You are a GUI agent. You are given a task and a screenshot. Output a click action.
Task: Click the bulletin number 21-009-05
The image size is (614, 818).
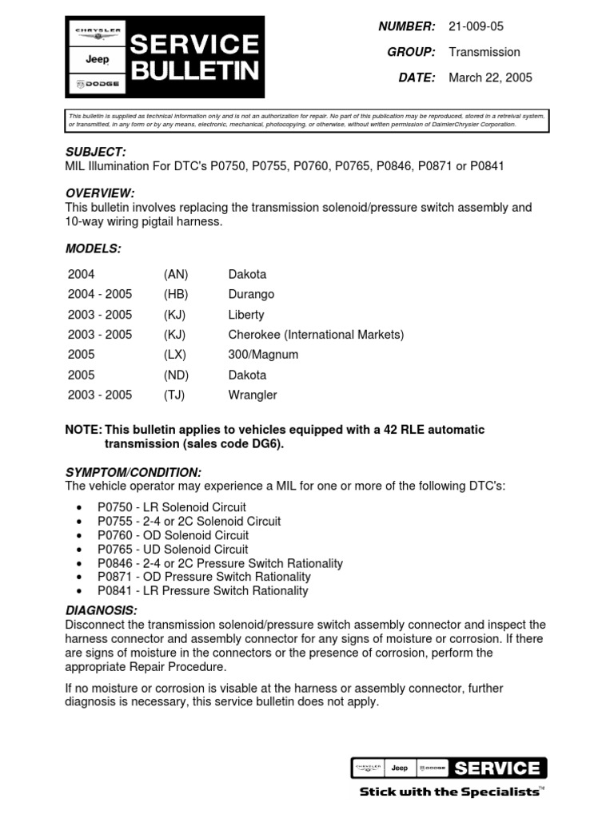click(x=476, y=26)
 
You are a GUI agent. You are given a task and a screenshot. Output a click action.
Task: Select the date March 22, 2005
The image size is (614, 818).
click(x=490, y=77)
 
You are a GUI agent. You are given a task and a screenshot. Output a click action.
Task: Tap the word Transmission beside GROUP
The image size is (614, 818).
click(x=484, y=52)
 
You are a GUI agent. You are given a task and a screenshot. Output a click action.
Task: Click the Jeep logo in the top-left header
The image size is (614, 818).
click(x=98, y=59)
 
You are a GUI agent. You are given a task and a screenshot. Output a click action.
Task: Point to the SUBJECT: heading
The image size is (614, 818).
click(x=95, y=152)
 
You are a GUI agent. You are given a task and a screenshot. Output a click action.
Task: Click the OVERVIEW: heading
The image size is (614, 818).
click(x=99, y=193)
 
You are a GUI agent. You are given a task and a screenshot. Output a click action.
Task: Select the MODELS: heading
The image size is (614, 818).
click(x=93, y=248)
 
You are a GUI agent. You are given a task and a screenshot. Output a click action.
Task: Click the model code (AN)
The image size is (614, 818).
click(x=176, y=274)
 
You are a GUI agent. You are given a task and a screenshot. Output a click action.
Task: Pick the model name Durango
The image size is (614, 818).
click(x=251, y=294)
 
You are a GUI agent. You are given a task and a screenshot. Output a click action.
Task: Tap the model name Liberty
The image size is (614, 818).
click(x=246, y=315)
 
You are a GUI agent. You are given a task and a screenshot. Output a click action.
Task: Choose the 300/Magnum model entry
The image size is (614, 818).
click(x=263, y=355)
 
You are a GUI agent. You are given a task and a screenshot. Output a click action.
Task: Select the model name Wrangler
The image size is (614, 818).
click(x=253, y=395)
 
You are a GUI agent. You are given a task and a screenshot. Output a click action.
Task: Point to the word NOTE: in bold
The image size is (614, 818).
click(x=83, y=430)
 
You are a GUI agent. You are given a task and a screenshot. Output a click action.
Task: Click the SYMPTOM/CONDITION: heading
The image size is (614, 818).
click(x=133, y=472)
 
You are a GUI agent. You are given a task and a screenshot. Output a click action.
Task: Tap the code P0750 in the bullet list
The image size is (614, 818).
click(x=114, y=507)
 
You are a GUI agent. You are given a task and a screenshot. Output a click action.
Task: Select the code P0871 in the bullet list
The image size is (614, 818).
click(x=114, y=577)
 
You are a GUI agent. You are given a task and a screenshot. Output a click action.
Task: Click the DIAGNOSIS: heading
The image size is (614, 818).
click(x=96, y=611)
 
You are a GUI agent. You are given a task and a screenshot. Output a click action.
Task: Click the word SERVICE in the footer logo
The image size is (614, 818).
click(x=496, y=768)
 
